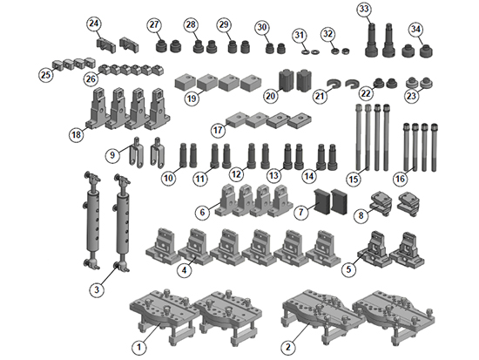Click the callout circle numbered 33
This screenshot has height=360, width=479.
364,10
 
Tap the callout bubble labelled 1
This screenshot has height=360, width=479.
139,347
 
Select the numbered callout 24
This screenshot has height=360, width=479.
94,24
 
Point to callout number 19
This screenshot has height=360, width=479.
192,98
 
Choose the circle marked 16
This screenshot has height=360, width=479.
401,179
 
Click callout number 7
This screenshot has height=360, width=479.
301,212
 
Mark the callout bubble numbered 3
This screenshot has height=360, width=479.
97,289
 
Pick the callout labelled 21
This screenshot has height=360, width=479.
320,97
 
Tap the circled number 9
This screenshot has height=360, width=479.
112,155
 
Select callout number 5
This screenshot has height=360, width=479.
349,269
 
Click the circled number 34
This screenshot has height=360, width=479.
415,30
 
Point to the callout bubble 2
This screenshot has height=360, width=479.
288,347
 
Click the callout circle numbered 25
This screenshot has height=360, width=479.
46,75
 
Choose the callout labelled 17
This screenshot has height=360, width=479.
218,130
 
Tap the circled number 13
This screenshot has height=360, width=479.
273,175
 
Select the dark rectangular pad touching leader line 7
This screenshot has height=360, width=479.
322,200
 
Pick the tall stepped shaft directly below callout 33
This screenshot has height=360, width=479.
372,39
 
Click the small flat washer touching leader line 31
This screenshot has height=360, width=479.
305,52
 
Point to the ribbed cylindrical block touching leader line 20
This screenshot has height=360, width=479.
287,81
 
